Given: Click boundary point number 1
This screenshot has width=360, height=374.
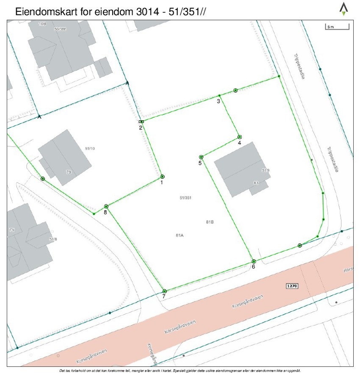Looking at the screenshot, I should [162, 177].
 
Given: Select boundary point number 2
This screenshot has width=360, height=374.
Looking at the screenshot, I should [141, 122].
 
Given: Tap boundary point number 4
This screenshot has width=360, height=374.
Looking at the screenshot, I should [240, 137].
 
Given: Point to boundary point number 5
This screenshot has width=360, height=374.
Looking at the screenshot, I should [201, 157].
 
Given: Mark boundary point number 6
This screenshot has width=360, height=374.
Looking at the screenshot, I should [254, 261].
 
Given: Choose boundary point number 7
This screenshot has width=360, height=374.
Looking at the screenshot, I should [164, 291].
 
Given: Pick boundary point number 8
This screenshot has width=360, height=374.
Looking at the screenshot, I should [106, 206].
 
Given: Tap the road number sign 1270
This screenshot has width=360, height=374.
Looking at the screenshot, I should [292, 286].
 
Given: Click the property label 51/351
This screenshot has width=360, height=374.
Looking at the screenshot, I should [186, 198].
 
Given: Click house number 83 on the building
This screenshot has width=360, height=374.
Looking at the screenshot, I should [256, 183].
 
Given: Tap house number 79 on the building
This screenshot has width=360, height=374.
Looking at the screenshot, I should [69, 172].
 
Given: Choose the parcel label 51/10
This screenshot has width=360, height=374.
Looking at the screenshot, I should [90, 149].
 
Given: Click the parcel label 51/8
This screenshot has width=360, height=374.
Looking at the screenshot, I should [53, 239].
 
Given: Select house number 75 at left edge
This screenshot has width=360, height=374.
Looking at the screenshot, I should [12, 230].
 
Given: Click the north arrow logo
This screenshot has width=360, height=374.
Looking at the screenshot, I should [343, 9].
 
